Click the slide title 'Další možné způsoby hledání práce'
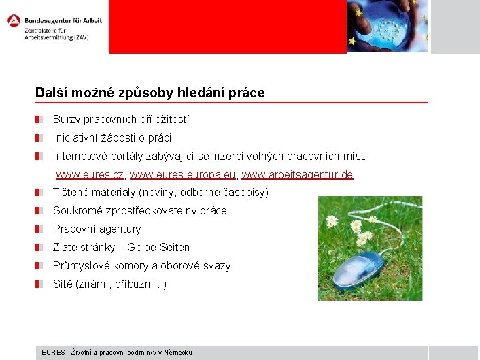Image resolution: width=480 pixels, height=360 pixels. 150,92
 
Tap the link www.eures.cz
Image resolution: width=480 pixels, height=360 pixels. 90,175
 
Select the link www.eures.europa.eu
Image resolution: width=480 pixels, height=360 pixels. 183,175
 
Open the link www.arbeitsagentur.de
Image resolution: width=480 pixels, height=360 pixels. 297,175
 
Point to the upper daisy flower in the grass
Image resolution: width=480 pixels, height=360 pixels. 332,220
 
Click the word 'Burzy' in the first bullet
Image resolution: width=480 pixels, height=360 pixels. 67,119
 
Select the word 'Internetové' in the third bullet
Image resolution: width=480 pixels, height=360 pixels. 82,156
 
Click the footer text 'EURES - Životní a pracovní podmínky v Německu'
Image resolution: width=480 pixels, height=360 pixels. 117,352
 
